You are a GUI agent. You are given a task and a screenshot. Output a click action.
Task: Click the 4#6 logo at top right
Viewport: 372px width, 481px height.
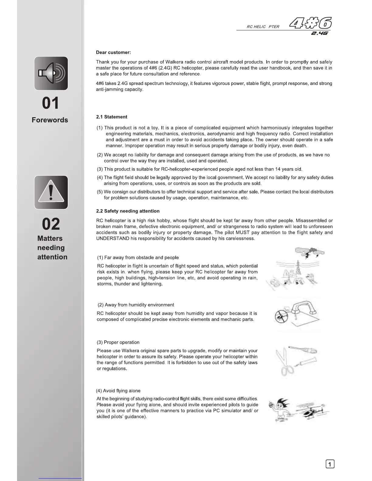click(310, 23)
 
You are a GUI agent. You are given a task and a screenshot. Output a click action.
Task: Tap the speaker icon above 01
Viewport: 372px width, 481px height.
click(51, 73)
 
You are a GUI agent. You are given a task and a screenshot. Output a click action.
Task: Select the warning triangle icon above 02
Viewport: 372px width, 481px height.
click(51, 192)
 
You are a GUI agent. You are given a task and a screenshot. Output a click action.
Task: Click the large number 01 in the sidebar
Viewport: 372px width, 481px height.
click(50, 103)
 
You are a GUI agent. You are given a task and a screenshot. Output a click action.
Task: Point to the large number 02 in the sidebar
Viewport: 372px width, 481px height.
click(51, 224)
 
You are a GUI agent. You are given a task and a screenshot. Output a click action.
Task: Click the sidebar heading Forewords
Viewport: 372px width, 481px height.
click(50, 120)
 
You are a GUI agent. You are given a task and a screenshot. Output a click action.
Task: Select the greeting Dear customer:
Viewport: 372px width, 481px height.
click(113, 53)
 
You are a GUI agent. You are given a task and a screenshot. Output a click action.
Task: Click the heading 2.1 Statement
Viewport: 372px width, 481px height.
click(112, 117)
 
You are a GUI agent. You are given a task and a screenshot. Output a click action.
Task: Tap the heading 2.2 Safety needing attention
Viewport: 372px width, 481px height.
click(128, 211)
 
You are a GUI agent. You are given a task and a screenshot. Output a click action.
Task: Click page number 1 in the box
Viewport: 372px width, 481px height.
click(330, 464)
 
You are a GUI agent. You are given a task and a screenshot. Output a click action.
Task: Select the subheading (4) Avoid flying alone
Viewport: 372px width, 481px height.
click(118, 391)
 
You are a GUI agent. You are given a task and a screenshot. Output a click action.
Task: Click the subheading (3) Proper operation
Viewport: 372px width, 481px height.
click(118, 342)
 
